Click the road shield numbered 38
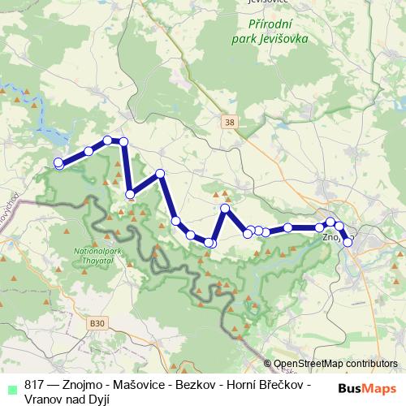231,122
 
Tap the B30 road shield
97,322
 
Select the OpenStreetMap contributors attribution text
335,364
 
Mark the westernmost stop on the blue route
58,163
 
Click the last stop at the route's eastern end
348,242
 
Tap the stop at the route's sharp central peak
226,209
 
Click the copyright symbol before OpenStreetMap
269,364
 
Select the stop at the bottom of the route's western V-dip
130,194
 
